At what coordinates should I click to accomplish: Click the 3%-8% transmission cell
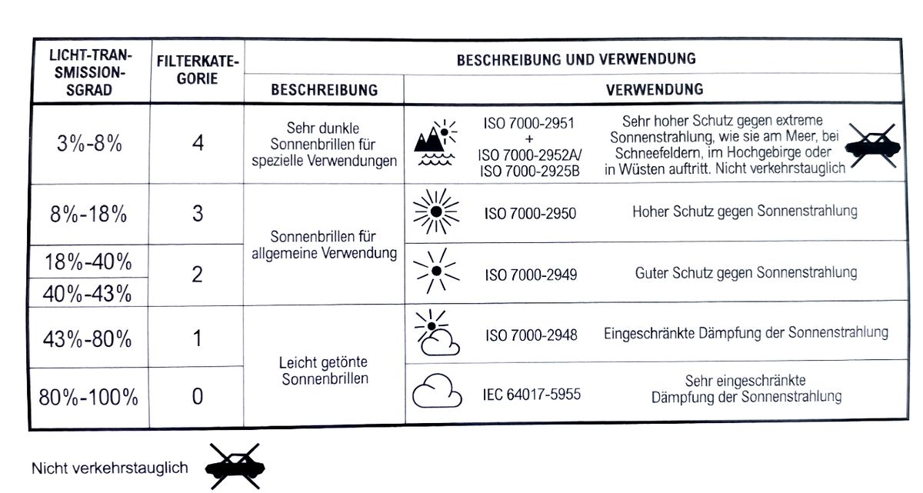coord(89,144)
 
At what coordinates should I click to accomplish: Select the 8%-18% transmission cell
coord(89,214)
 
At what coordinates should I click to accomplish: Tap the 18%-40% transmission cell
coord(89,261)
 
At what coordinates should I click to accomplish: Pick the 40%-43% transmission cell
coord(89,293)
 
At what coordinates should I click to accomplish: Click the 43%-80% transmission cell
coord(89,338)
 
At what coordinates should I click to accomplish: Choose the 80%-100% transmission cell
coord(89,397)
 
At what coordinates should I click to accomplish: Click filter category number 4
coord(198,143)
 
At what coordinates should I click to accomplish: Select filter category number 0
coord(198,396)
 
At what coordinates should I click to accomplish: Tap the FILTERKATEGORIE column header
coord(198,69)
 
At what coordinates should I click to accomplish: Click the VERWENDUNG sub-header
coord(654,89)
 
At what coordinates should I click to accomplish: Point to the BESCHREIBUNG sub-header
coord(324,90)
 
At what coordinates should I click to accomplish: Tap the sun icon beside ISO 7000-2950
coord(436,211)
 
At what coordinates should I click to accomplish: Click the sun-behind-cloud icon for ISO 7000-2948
coord(436,333)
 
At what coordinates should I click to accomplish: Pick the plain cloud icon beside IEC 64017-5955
coord(436,391)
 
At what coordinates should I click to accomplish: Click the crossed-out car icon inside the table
coord(872,144)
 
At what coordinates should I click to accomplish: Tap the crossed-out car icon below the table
coord(235,466)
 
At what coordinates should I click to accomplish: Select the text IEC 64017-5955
coord(531,395)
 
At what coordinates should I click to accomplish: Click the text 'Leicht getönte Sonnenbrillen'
coord(324,371)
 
